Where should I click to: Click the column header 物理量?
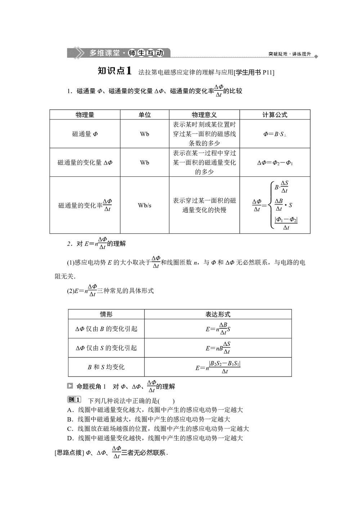tap(85, 115)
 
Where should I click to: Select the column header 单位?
tap(145, 115)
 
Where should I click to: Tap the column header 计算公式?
tap(275, 115)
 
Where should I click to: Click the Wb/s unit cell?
tap(145, 206)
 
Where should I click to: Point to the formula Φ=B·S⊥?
tap(275, 134)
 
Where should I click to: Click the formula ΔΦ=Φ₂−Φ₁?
tap(275, 163)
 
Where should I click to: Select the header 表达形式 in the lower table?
tap(218, 314)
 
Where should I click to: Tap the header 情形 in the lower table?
tap(106, 314)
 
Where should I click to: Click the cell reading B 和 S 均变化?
tap(106, 367)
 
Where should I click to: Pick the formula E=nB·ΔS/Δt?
tap(218, 348)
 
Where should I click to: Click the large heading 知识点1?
tap(114, 71)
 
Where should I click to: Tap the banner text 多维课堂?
tap(104, 53)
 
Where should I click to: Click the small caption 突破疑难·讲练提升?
tap(289, 54)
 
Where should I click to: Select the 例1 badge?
tap(74, 400)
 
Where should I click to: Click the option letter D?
tap(70, 438)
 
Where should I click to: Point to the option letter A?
tap(70, 410)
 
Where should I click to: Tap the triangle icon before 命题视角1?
tap(70, 386)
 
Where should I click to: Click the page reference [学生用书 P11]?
tap(254, 72)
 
